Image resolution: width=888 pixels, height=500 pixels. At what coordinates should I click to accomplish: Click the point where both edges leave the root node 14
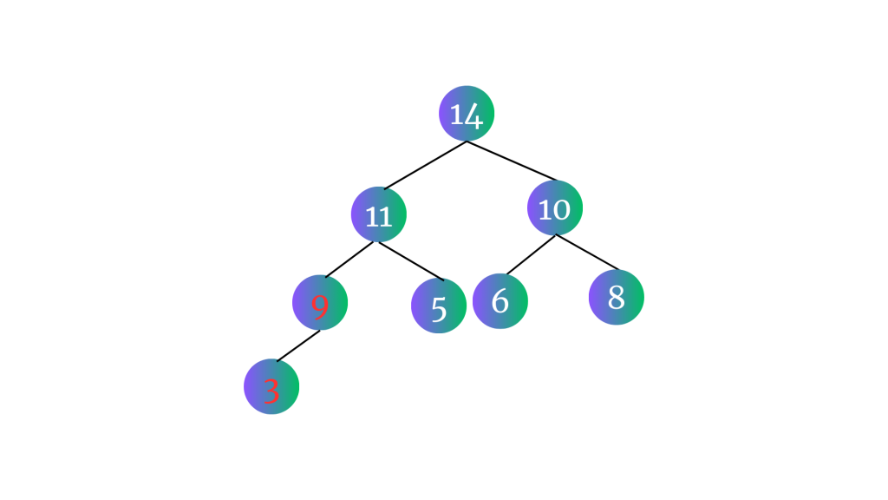(466, 141)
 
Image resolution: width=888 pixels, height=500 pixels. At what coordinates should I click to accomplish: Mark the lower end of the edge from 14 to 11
(384, 188)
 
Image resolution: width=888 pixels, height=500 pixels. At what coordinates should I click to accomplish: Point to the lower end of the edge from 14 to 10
(558, 181)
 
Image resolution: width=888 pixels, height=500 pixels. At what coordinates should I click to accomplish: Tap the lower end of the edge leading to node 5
(443, 280)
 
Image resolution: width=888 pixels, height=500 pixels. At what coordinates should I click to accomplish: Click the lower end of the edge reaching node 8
(618, 270)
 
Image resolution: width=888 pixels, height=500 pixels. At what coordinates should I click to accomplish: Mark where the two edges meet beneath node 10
(556, 234)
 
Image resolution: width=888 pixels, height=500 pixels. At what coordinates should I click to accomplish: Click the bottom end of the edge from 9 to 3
(277, 361)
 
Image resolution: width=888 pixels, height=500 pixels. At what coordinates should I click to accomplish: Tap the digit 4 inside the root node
(473, 116)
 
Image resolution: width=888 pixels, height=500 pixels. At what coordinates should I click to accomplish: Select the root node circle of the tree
(467, 114)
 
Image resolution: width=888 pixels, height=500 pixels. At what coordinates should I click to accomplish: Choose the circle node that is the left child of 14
(379, 214)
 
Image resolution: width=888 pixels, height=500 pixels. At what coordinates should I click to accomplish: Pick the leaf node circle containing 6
(500, 301)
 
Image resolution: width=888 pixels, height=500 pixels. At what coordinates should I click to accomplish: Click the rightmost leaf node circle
(617, 297)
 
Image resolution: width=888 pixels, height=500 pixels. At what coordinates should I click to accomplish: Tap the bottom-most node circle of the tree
(271, 386)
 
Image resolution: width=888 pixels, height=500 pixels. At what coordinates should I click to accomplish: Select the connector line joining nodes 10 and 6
(532, 254)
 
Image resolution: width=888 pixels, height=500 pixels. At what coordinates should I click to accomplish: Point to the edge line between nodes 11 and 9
(349, 260)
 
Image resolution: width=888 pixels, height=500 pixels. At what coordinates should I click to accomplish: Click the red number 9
(320, 306)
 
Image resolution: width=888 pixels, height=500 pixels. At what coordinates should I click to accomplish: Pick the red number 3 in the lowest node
(271, 391)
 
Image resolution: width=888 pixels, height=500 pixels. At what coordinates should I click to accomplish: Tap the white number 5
(439, 309)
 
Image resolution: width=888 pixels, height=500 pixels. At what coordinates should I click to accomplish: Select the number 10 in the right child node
(554, 210)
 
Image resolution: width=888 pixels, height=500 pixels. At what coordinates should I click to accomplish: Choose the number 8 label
(617, 297)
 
